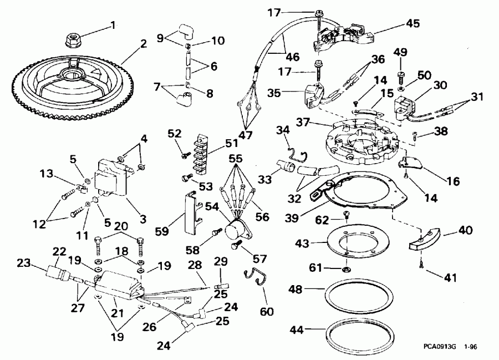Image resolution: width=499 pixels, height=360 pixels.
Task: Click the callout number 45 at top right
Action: [x=413, y=23]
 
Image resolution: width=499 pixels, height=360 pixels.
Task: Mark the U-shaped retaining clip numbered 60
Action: [x=254, y=278]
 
